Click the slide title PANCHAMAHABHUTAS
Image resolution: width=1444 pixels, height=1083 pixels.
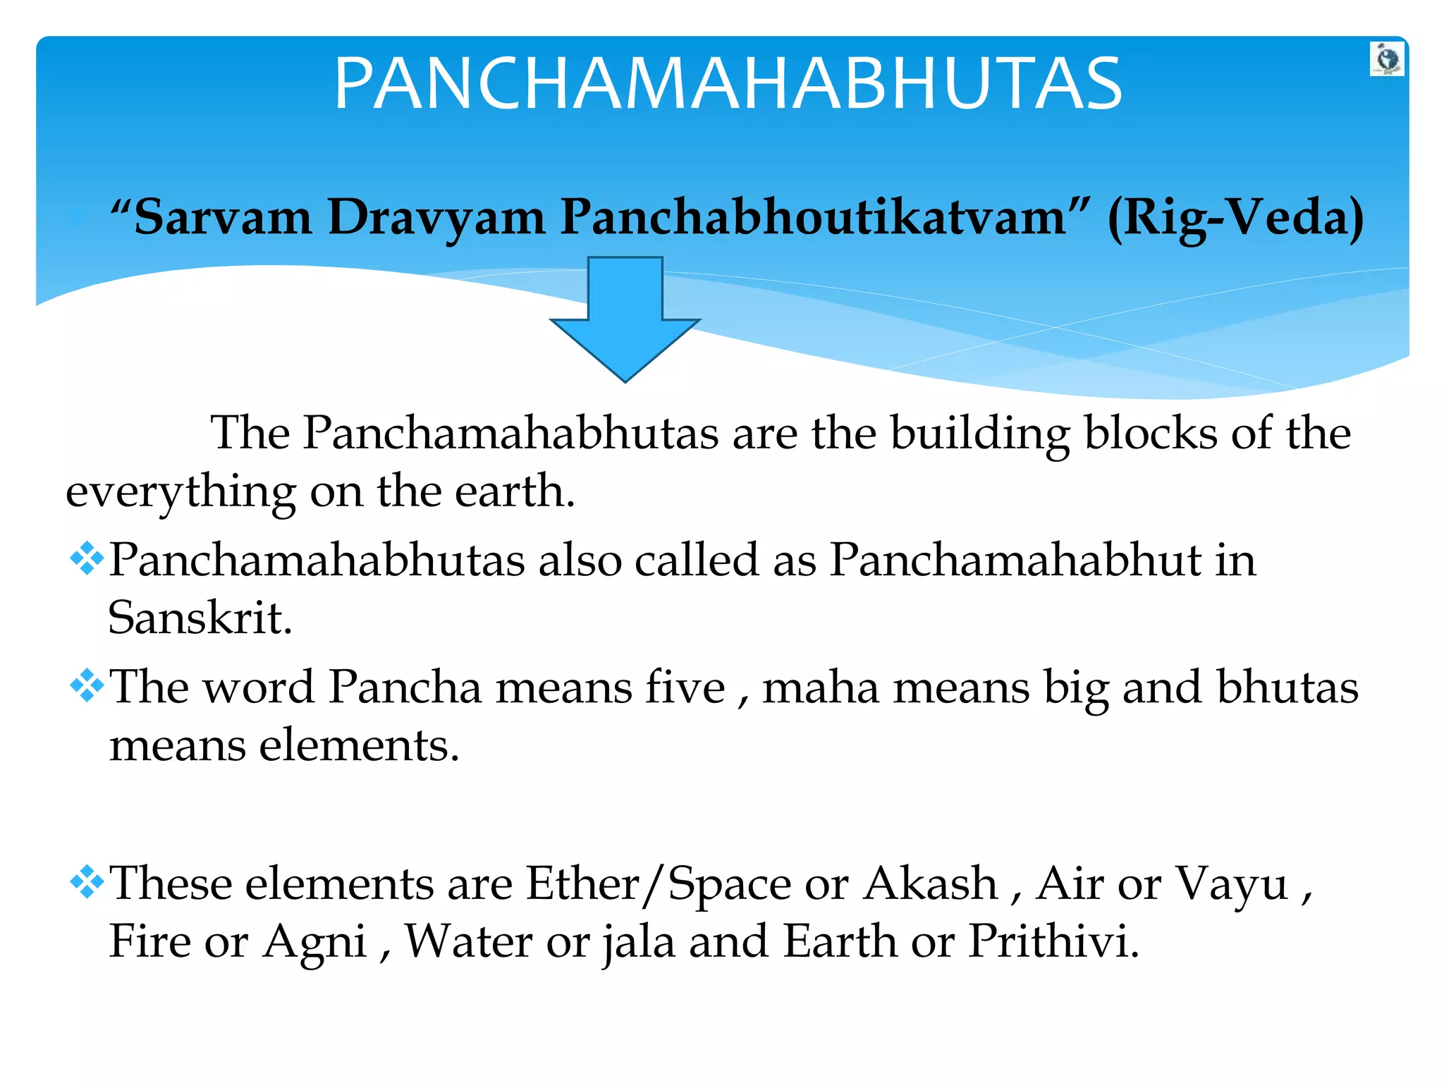click(728, 84)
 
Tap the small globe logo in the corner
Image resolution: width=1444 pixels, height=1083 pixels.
click(1387, 59)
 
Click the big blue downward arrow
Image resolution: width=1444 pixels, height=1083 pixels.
click(625, 318)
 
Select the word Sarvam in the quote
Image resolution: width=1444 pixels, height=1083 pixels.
click(222, 217)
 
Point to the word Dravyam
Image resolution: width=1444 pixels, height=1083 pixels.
click(436, 217)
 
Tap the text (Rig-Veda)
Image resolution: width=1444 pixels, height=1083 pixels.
click(1235, 217)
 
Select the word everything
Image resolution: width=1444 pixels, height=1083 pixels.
click(180, 492)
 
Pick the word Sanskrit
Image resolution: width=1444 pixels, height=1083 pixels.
click(200, 618)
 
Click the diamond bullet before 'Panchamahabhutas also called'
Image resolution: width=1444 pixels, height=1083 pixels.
click(87, 559)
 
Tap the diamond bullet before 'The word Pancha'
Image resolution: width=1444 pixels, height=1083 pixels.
click(87, 686)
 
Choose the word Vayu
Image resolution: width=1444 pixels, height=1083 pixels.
click(1232, 884)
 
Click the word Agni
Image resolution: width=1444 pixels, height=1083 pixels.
click(315, 942)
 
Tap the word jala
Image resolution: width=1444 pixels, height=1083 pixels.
click(639, 942)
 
